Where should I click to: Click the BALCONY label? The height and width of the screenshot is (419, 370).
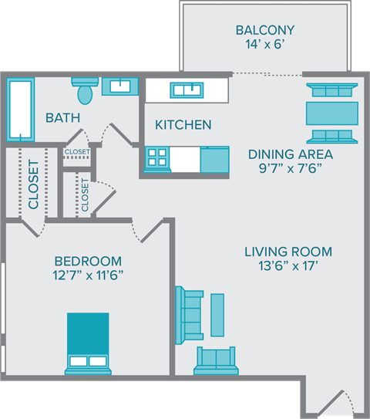pyautogui.click(x=264, y=31)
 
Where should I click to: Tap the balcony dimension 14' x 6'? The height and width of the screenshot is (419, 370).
pyautogui.click(x=264, y=46)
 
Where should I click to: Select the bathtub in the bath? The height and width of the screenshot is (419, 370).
pyautogui.click(x=20, y=107)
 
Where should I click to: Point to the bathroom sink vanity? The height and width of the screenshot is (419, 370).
pyautogui.click(x=119, y=85)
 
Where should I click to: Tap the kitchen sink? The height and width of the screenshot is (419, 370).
pyautogui.click(x=187, y=90)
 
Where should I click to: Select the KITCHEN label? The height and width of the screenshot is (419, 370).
pyautogui.click(x=183, y=124)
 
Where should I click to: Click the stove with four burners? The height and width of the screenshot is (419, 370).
pyautogui.click(x=157, y=158)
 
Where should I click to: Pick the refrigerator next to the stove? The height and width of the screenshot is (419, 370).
pyautogui.click(x=214, y=159)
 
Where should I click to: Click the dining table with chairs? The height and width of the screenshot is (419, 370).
pyautogui.click(x=332, y=113)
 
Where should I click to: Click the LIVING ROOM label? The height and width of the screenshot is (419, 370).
pyautogui.click(x=288, y=252)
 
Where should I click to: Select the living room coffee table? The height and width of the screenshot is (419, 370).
pyautogui.click(x=217, y=314)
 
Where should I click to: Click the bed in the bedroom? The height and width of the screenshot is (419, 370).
pyautogui.click(x=87, y=343)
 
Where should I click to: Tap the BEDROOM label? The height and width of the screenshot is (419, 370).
pyautogui.click(x=88, y=260)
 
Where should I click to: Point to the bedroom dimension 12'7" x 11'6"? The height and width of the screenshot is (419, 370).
pyautogui.click(x=88, y=275)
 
